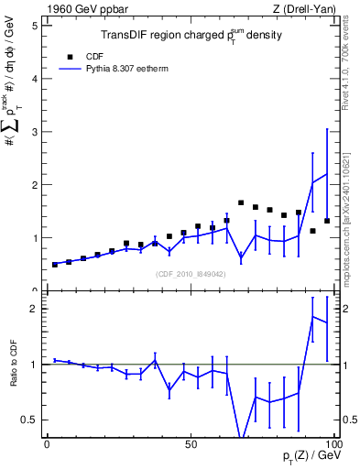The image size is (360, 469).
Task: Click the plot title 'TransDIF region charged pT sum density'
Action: pos(191,36)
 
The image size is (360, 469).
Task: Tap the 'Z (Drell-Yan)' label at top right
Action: pos(301,9)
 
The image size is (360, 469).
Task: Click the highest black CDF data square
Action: pos(241,202)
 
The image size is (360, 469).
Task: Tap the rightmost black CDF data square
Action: pos(327,221)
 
